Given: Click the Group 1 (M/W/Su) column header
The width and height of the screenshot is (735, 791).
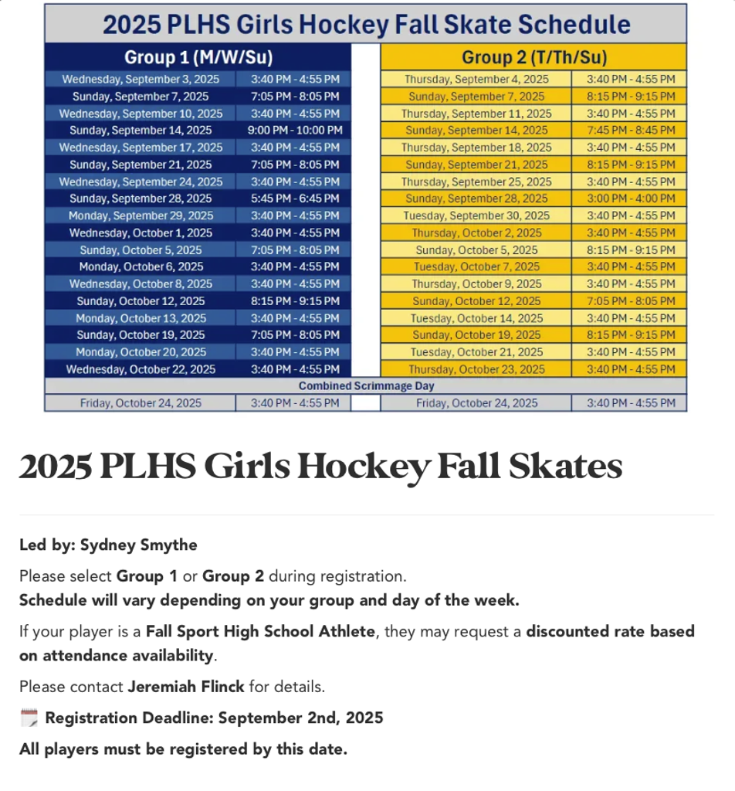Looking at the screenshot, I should point(198,57).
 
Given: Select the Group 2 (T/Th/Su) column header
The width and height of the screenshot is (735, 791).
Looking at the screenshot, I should point(533,57).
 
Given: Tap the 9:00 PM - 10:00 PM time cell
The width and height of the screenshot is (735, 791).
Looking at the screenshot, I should point(294,131).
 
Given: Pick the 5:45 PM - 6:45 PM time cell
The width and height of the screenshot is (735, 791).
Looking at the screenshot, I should point(294,199).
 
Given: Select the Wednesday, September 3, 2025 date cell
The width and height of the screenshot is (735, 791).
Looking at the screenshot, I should point(141,80).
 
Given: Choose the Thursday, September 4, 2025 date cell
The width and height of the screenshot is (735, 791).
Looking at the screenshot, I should point(476,80).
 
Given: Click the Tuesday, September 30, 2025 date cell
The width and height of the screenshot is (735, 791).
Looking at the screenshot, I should point(476,216).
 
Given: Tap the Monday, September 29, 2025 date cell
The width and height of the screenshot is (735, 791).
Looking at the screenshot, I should point(141,216).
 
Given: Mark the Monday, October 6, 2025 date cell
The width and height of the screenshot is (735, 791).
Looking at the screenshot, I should point(141,266).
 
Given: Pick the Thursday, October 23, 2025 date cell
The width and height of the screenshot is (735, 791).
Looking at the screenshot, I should point(476,369).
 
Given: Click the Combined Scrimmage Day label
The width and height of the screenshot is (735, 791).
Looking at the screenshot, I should point(366,385).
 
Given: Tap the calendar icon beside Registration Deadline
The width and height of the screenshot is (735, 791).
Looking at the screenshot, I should point(29,718).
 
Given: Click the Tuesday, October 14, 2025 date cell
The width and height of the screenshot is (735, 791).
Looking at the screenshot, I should point(476,318).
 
